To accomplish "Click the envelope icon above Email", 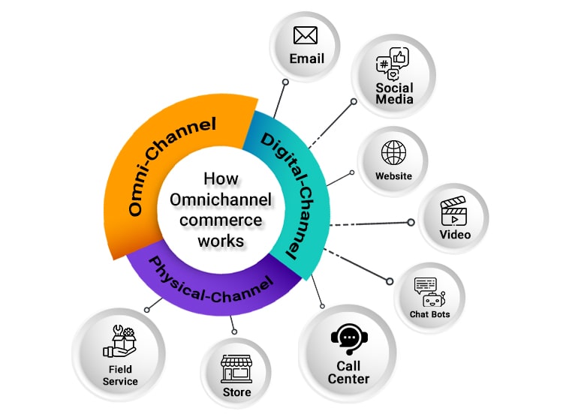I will click(306, 35).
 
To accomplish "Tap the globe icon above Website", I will click(393, 152).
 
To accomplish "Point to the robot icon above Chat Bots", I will click(429, 292).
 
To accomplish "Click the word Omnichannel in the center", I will click(221, 200).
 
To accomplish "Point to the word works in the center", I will click(221, 241).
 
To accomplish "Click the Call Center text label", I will click(348, 373).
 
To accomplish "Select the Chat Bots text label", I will click(429, 314).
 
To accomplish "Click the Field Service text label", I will click(120, 375).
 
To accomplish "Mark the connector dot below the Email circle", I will click(285, 82).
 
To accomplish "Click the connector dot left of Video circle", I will click(411, 222).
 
